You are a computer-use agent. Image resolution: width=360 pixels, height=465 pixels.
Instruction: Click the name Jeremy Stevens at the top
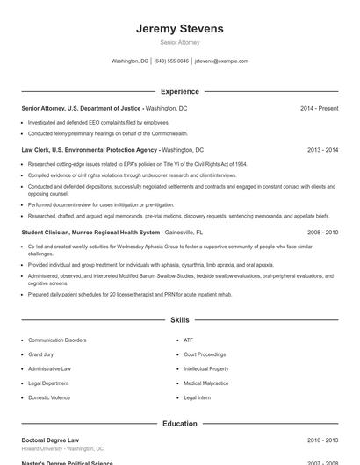pos(180,28)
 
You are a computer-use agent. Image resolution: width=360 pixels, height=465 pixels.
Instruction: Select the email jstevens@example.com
pos(221,61)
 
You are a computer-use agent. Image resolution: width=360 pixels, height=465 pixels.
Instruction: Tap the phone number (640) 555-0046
pos(171,61)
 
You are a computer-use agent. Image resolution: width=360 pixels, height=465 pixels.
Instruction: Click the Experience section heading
pos(180,91)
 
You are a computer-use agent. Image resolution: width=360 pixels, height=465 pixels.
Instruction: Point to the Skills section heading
pos(180,320)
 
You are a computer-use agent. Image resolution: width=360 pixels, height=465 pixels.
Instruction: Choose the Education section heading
pos(180,424)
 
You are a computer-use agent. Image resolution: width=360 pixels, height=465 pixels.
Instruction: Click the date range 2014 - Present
pos(319,108)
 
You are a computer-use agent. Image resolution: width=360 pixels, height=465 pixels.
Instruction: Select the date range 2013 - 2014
pos(322,150)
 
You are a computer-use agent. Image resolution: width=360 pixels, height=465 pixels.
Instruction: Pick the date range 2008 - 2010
pos(322,232)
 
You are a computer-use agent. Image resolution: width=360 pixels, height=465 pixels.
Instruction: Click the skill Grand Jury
pos(41,354)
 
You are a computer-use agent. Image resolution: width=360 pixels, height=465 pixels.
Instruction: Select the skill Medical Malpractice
pos(205,383)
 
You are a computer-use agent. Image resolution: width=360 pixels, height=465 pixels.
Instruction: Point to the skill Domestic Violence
pos(48,397)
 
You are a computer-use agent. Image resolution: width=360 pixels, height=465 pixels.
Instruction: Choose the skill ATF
pos(188,340)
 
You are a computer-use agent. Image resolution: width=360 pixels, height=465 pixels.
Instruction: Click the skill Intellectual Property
pos(205,369)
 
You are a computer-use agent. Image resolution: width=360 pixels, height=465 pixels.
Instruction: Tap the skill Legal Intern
pos(197,397)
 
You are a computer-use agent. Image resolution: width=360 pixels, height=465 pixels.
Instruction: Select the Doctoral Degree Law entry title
pos(50,440)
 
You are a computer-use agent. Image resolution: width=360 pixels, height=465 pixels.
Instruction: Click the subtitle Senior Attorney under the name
pos(180,42)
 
